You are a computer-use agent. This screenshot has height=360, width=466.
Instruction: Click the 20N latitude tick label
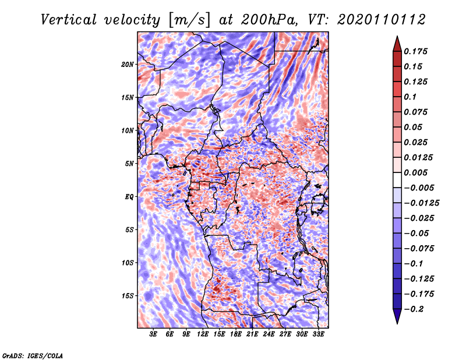click(127, 64)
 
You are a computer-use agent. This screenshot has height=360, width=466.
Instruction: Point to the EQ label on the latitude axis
click(129, 196)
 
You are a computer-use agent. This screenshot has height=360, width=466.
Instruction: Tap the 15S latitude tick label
click(128, 296)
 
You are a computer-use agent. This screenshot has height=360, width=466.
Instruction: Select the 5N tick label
click(129, 164)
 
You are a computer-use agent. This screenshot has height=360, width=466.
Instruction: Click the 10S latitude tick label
click(128, 263)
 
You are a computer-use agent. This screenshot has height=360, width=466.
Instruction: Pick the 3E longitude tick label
click(153, 334)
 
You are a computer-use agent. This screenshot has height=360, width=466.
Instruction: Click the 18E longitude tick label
click(236, 334)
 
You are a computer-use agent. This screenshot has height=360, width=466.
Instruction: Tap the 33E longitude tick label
click(318, 334)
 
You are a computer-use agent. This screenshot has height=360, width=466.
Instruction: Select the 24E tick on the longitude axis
click(269, 334)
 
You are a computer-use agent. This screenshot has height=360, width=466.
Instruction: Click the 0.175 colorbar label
click(415, 51)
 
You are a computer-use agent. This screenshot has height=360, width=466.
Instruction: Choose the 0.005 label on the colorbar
click(415, 172)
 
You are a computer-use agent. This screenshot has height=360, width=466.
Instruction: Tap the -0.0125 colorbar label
click(422, 203)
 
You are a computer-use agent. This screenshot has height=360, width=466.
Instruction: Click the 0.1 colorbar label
click(410, 97)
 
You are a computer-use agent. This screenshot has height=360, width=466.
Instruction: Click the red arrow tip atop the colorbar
click(397, 37)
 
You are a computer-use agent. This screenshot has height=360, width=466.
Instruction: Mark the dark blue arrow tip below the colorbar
click(397, 323)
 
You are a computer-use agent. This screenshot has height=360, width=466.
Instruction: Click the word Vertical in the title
click(69, 20)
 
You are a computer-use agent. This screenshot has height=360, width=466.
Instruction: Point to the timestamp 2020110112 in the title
click(382, 20)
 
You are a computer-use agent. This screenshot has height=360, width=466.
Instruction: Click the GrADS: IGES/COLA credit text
click(33, 355)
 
